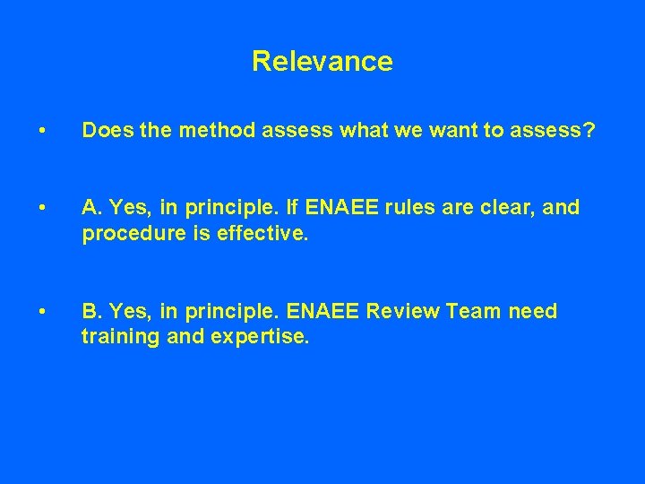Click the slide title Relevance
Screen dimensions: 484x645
322,61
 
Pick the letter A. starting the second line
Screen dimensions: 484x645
92,208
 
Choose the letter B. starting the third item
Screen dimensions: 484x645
92,312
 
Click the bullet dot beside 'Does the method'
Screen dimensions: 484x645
42,132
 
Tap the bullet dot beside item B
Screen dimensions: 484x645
42,313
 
